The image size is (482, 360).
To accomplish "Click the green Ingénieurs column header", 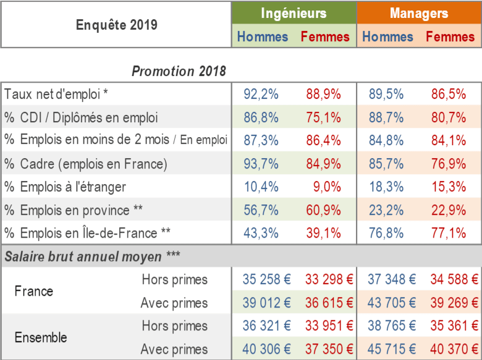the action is click(x=294, y=13).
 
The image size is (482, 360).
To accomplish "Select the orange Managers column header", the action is click(x=419, y=13).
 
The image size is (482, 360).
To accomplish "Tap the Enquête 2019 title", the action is click(x=117, y=25).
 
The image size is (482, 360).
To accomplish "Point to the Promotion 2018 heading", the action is click(x=179, y=71).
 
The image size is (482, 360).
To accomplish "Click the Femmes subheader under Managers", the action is click(x=450, y=37).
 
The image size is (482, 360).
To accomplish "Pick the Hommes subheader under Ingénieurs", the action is click(x=263, y=37).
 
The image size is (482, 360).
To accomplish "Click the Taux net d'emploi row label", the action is click(x=56, y=94).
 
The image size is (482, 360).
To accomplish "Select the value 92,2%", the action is click(x=261, y=94).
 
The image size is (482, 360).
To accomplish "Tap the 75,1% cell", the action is click(x=323, y=117).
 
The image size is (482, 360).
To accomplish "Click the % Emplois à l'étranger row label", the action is click(x=65, y=186).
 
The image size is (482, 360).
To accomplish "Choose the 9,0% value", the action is click(x=327, y=186).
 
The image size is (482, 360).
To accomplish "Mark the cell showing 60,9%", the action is click(x=323, y=210).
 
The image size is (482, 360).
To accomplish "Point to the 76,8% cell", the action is click(x=386, y=233).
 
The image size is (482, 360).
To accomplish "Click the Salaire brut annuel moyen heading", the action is click(x=92, y=256).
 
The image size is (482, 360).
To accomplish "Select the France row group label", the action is click(x=34, y=291).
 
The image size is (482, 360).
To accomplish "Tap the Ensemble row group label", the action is click(x=41, y=337).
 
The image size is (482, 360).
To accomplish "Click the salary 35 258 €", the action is click(x=266, y=279).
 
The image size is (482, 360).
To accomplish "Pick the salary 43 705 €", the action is click(x=392, y=303).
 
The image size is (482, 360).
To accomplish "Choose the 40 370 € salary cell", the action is click(x=454, y=350).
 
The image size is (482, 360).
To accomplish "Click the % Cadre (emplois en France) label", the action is click(x=86, y=164).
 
